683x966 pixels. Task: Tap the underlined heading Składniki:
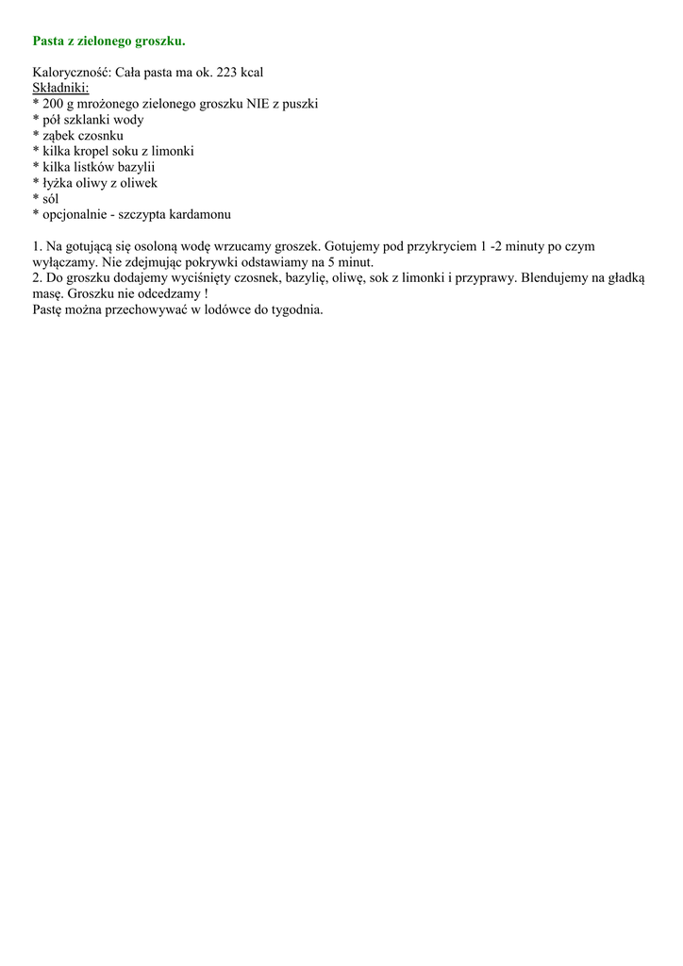pyautogui.click(x=60, y=88)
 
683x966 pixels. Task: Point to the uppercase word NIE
pyautogui.click(x=258, y=104)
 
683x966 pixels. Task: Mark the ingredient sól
pyautogui.click(x=50, y=199)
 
